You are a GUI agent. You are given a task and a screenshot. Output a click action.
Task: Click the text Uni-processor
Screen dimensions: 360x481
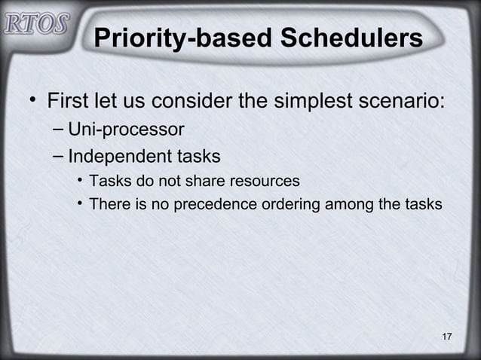pyautogui.click(x=125, y=130)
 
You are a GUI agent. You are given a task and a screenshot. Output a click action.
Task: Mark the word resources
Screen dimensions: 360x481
pyautogui.click(x=265, y=182)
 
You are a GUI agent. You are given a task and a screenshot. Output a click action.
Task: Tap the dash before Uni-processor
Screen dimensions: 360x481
pyautogui.click(x=59, y=130)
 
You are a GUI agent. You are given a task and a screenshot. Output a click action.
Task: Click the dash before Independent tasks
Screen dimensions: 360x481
pyautogui.click(x=59, y=157)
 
